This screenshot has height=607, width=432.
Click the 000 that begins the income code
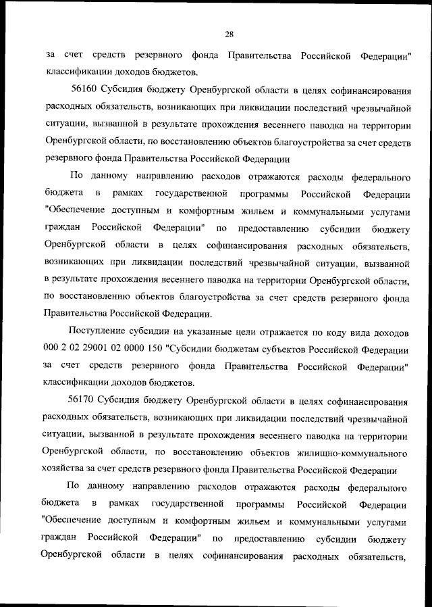point(53,349)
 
